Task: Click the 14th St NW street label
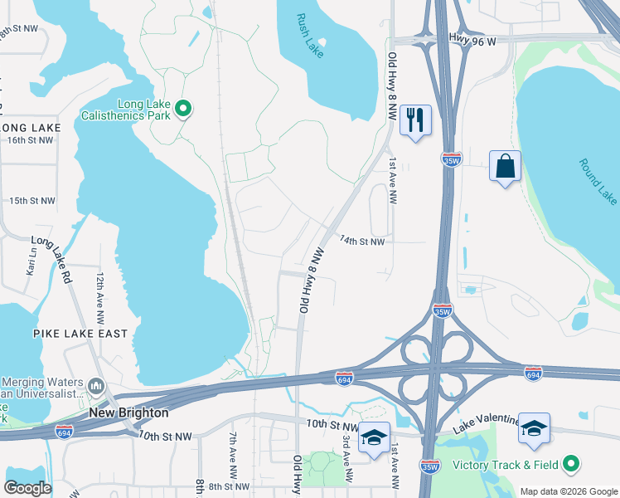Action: (x=361, y=242)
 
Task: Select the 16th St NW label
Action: (x=30, y=140)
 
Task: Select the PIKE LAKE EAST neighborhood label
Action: (x=80, y=334)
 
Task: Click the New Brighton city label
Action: (x=128, y=413)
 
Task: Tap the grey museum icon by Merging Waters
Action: (x=97, y=387)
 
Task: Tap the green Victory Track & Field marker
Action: (x=570, y=464)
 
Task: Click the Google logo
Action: (x=27, y=488)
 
